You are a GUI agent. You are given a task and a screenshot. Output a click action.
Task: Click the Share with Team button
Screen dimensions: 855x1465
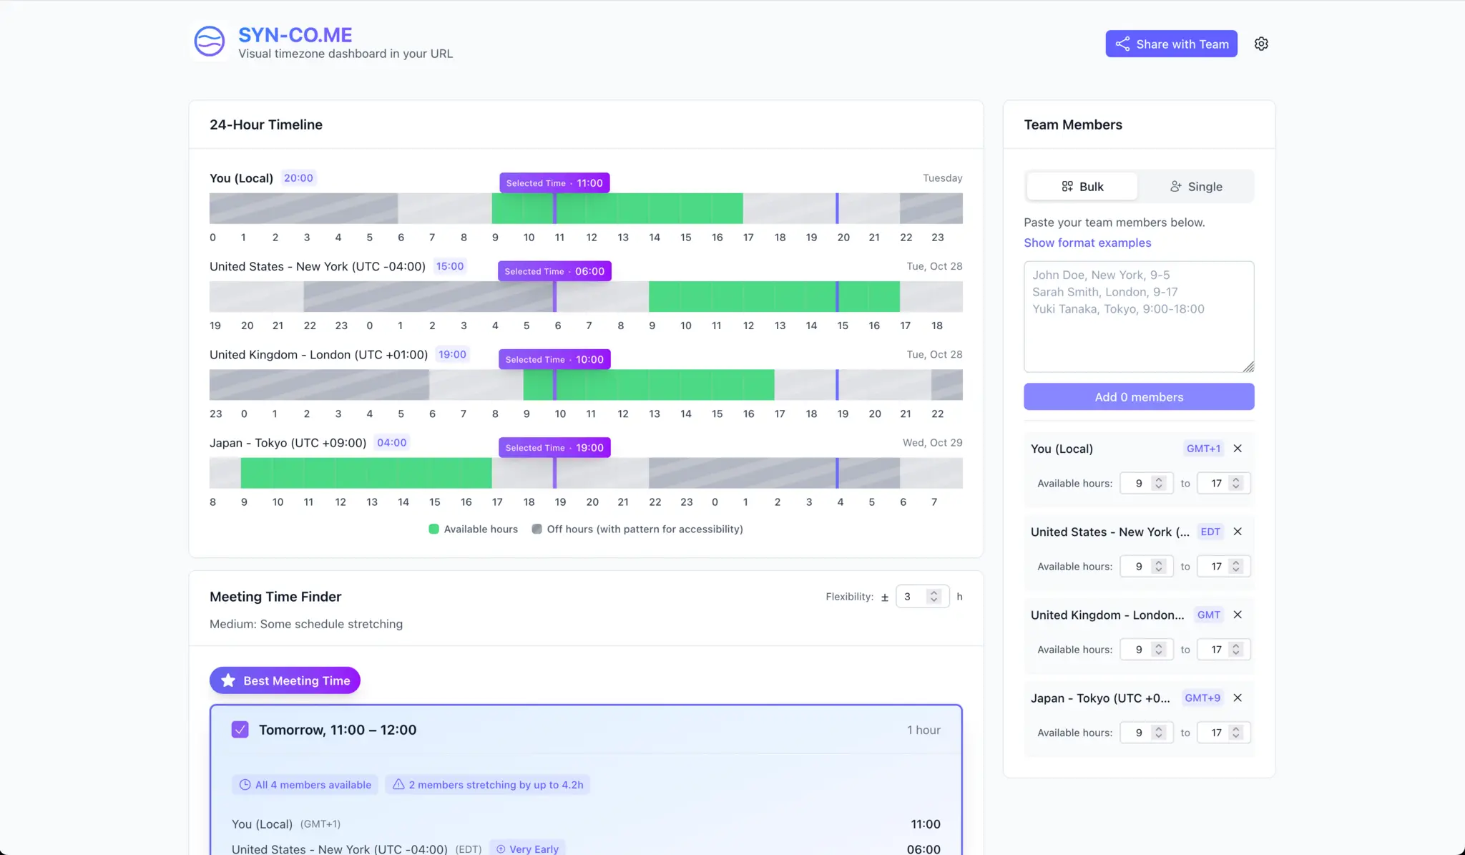point(1171,44)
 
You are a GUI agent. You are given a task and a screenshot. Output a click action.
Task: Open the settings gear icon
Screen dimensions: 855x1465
point(1261,44)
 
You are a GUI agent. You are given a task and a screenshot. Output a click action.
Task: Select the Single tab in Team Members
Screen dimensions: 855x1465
point(1195,186)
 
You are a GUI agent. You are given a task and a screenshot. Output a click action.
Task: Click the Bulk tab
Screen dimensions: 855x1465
point(1082,186)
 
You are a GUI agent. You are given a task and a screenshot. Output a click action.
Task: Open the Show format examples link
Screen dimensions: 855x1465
point(1087,243)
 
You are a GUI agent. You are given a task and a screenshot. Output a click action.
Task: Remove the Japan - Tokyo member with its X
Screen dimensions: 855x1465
point(1237,698)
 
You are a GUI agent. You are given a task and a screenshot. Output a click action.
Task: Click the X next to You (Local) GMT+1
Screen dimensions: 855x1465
point(1237,449)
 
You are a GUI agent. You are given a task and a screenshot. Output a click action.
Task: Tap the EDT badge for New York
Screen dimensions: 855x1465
point(1210,532)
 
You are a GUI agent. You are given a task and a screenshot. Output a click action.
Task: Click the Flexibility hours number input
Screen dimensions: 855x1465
point(913,597)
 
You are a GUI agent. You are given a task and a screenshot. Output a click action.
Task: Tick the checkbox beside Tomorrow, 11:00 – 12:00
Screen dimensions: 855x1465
point(240,730)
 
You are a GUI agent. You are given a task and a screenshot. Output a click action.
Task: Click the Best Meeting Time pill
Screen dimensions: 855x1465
point(285,680)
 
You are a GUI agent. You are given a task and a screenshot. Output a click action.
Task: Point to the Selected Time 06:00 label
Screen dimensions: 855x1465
point(554,271)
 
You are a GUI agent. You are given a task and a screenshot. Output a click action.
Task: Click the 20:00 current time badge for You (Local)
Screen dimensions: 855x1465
point(298,178)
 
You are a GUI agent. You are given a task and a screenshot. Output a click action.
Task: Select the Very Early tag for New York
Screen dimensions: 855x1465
point(528,849)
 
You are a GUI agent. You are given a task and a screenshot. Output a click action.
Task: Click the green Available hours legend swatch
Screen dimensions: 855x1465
point(433,529)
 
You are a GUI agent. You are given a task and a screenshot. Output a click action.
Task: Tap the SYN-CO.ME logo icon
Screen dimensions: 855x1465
point(210,41)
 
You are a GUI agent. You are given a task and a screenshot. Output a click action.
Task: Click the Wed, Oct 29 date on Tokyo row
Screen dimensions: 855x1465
point(932,443)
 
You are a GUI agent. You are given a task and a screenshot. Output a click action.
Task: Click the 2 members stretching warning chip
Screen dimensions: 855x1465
point(488,785)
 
